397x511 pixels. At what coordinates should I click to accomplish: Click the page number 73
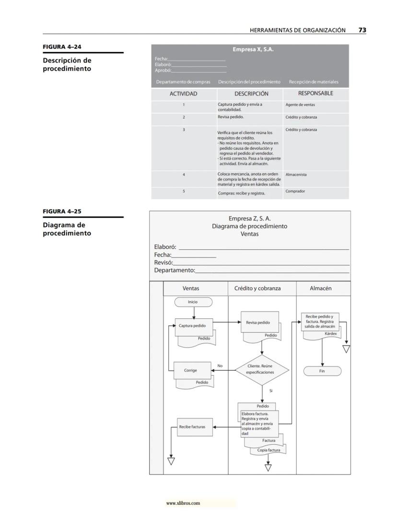coord(362,30)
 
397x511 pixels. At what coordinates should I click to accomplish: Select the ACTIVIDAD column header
coord(184,94)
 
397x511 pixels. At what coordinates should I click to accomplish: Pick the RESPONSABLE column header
coord(315,94)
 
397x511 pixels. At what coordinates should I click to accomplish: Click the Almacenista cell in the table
coord(296,175)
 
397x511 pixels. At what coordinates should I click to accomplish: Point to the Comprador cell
coord(295,191)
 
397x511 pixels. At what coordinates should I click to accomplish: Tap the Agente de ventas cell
coord(301,105)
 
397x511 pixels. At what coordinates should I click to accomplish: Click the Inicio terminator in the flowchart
coord(193,302)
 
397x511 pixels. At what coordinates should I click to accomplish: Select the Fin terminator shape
coord(322,371)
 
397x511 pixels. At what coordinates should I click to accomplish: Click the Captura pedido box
coord(192,326)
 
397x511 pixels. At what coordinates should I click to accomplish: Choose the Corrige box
coord(190,370)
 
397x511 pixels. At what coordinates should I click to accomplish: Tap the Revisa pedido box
coord(258,323)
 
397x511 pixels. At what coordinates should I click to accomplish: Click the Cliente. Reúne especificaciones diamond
coord(261,369)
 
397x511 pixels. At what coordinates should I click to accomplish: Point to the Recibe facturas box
coord(192,426)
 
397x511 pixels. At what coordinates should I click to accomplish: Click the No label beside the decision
coord(220,366)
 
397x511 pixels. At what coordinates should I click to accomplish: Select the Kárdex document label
coord(330,333)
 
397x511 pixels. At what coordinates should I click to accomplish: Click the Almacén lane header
coord(321,289)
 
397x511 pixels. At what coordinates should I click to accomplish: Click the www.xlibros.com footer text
coord(183,503)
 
